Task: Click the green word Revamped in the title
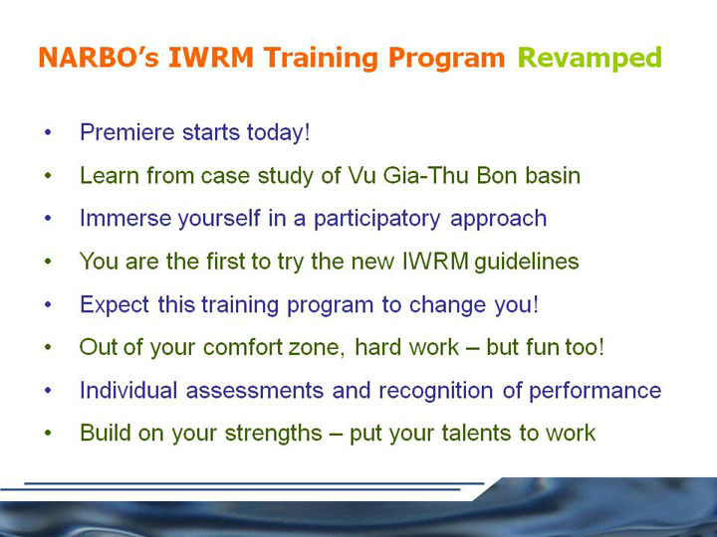coord(590,59)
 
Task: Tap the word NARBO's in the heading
coord(99,58)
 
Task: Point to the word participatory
coord(376,219)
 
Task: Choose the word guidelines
coord(527,262)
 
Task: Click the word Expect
coord(115,305)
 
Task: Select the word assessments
coord(255,391)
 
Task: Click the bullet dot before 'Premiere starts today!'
coord(49,133)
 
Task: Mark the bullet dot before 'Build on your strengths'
coord(49,433)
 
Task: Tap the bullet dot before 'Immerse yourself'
coord(49,219)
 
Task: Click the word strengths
coord(274,434)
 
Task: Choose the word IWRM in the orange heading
coord(211,58)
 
